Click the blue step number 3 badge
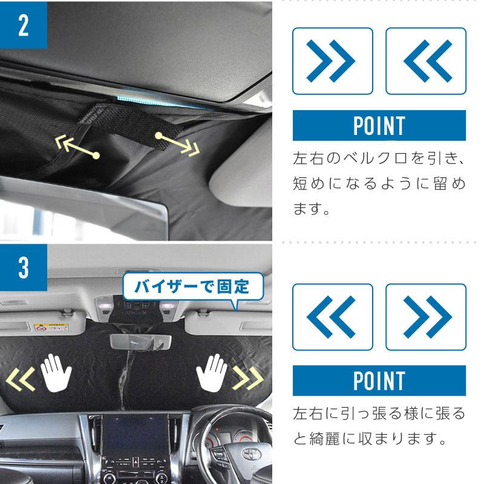tap(24, 267)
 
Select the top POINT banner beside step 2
tap(379, 126)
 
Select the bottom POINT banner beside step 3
tap(379, 381)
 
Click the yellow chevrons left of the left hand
tap(21, 379)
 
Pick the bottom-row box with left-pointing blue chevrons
tap(332, 316)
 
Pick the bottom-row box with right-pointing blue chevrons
tap(425, 316)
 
